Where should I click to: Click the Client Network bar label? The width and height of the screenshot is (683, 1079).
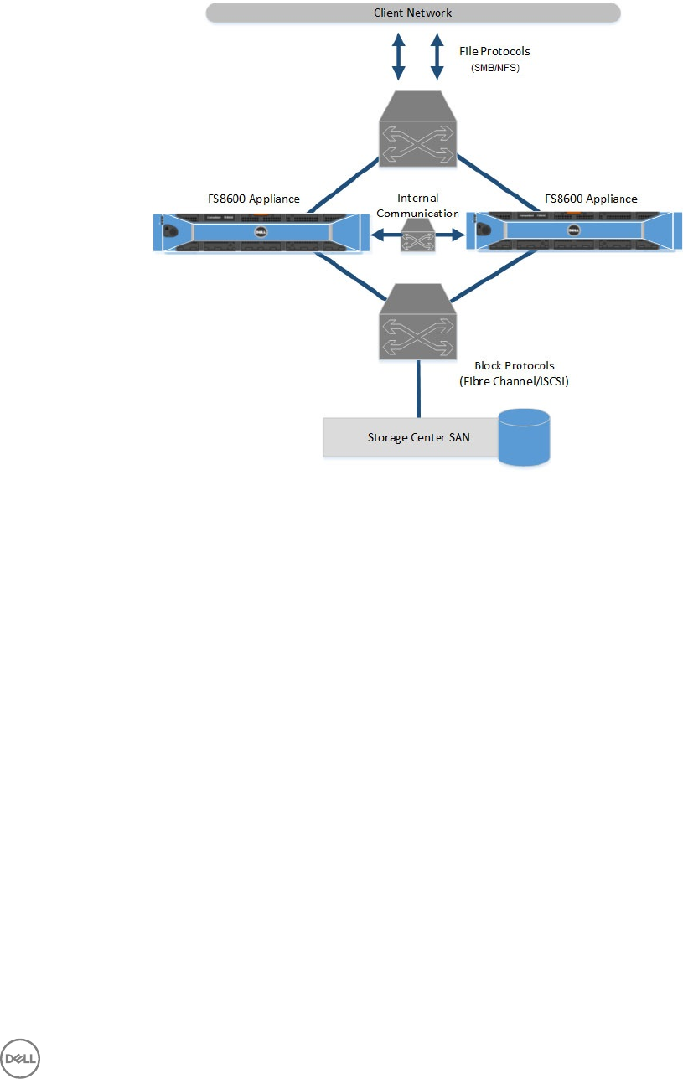coord(411,13)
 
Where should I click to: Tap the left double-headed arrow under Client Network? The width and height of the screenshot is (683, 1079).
coord(399,57)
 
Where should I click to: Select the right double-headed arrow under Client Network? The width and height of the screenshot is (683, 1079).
coord(436,57)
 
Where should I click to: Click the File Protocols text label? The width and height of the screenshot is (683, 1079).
coord(495,51)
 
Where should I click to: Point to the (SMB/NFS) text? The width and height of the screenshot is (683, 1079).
coord(495,69)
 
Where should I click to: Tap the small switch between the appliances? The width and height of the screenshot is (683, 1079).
coord(417,236)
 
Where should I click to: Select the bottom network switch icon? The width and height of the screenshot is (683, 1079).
coord(417,323)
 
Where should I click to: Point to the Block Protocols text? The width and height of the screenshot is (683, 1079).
coord(514,366)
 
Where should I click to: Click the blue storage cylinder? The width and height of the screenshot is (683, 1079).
coord(524,436)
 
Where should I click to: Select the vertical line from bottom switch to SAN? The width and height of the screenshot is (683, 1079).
coord(417,388)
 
